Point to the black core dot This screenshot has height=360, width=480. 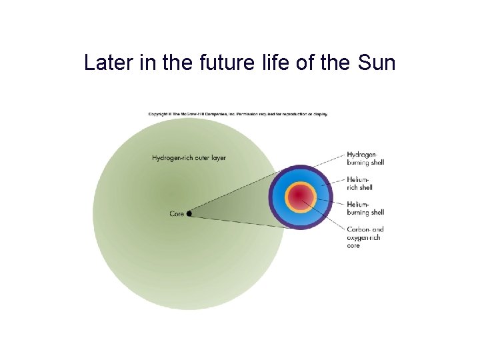[189, 214]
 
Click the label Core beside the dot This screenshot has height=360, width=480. [177, 214]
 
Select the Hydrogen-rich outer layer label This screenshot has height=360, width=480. [189, 158]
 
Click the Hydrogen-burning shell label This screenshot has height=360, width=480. [365, 159]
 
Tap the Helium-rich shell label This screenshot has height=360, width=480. [360, 183]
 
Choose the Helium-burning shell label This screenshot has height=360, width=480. [365, 208]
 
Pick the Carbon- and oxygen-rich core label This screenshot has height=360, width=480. [365, 237]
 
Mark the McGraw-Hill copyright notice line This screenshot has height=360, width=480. [238, 113]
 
